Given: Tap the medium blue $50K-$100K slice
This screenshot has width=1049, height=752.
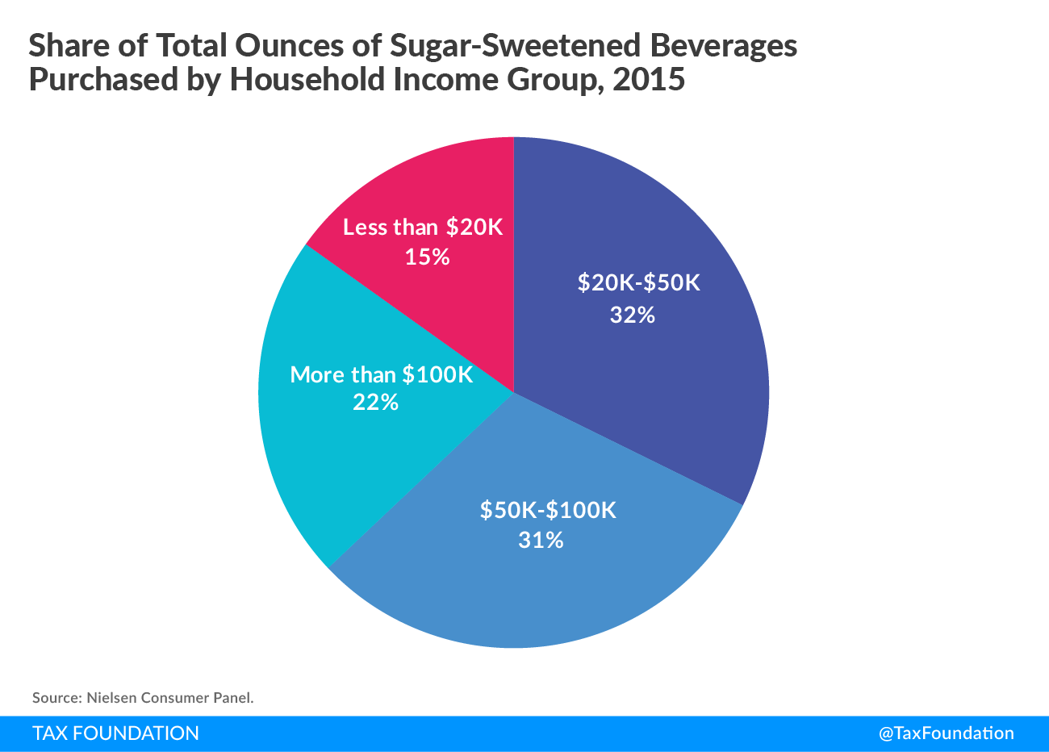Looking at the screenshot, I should [x=533, y=589].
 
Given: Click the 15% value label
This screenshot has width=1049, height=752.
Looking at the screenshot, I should [x=427, y=257].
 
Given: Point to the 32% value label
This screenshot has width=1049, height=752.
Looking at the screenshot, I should [x=632, y=315].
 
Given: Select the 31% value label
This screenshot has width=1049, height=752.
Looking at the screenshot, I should [x=541, y=540].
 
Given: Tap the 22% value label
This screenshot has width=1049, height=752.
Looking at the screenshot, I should [x=375, y=402].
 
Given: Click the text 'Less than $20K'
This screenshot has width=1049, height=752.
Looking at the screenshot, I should [x=422, y=228].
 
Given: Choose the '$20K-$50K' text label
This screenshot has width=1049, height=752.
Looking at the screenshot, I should [x=638, y=283].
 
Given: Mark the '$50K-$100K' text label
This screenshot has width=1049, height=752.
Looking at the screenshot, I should [x=548, y=510].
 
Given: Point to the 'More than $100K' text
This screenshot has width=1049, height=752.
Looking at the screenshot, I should [x=381, y=374].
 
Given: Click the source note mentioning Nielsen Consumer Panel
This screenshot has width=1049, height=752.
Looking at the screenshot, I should [x=143, y=698].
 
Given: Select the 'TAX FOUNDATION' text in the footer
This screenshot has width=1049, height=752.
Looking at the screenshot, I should [x=115, y=733].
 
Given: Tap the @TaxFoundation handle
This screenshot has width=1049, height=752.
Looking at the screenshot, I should [x=946, y=733].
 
